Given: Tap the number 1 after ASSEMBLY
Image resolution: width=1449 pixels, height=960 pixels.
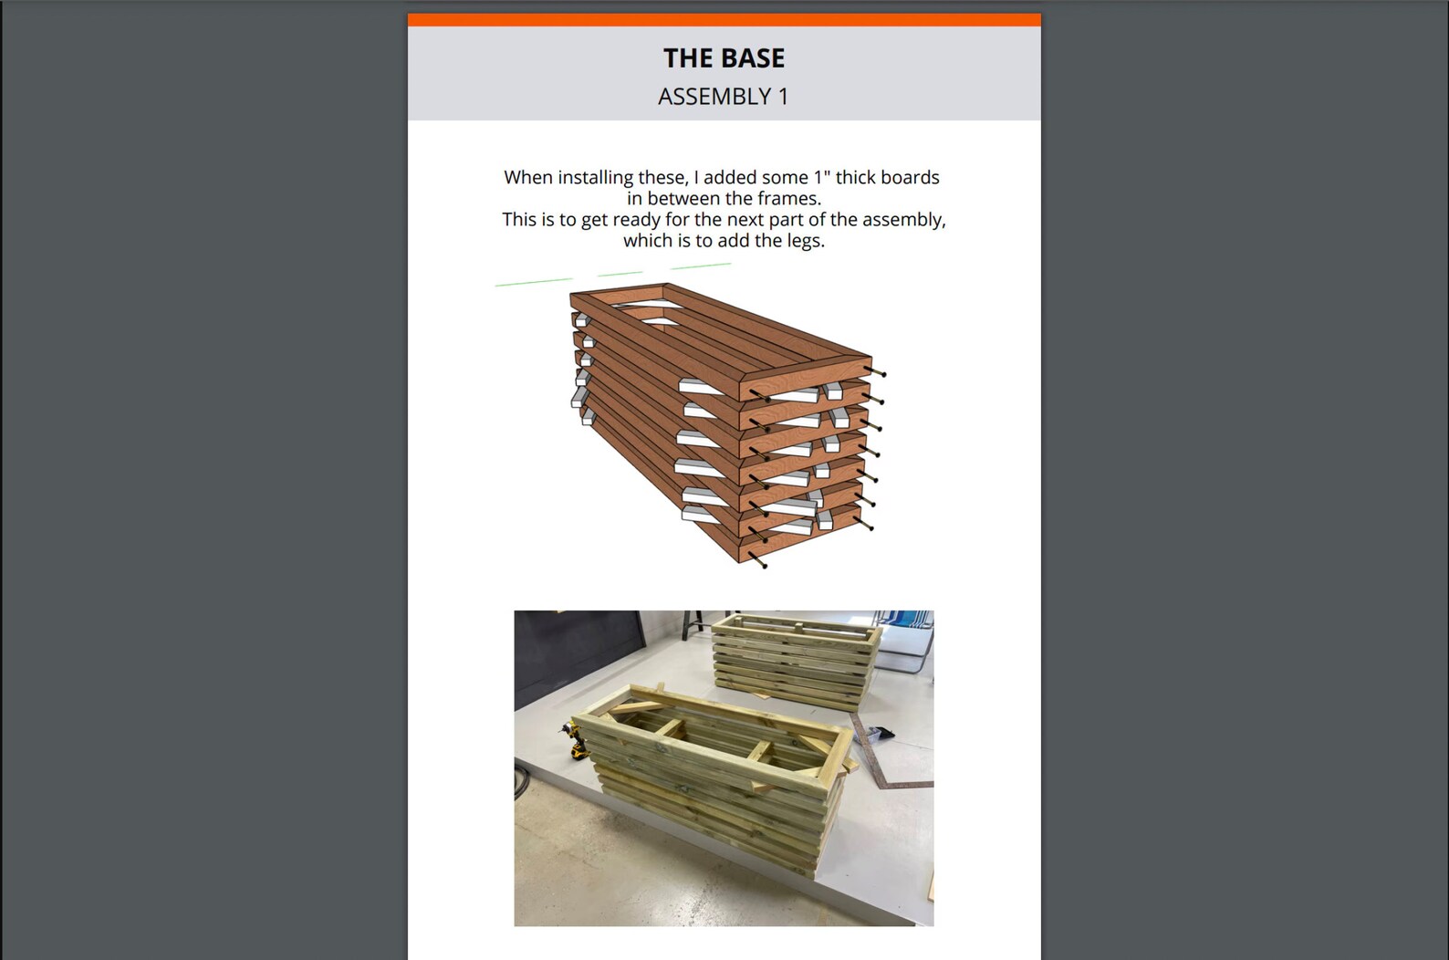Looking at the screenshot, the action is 783,97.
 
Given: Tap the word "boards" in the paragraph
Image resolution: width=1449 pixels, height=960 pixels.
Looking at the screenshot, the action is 912,177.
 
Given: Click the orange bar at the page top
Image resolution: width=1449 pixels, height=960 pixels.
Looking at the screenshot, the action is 724,20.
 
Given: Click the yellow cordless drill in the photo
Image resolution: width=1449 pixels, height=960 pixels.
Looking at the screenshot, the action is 575,739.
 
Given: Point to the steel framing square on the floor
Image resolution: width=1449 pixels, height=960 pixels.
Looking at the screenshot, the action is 885,755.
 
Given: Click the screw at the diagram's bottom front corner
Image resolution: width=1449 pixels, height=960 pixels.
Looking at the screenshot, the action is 757,560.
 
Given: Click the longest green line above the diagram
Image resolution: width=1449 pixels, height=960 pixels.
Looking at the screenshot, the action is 534,282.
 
